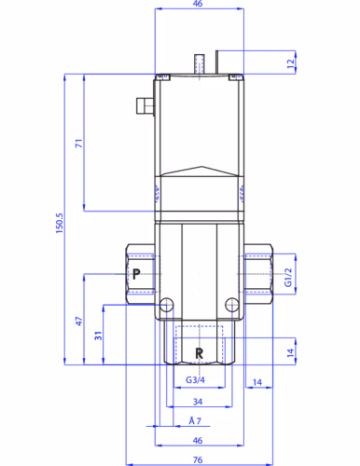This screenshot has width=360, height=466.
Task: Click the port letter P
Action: click(x=136, y=274)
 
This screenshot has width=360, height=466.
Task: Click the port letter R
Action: click(x=199, y=353)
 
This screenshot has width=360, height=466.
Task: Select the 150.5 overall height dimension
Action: click(x=60, y=224)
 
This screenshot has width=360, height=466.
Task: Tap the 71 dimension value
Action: click(x=79, y=144)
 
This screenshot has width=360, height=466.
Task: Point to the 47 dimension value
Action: click(x=79, y=322)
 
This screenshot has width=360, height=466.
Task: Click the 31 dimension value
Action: click(x=98, y=336)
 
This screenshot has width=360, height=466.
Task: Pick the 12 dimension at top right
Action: click(x=291, y=63)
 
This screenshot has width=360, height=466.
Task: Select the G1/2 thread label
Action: click(x=288, y=278)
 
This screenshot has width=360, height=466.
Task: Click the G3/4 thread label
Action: click(x=195, y=379)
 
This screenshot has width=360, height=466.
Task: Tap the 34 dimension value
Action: click(x=198, y=402)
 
